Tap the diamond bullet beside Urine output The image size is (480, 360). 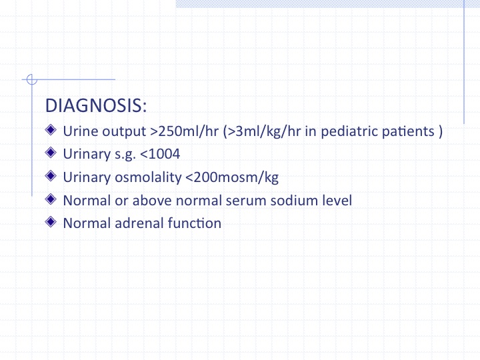pyautogui.click(x=51, y=129)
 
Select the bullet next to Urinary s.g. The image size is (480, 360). pyautogui.click(x=51, y=153)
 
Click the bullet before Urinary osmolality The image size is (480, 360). pyautogui.click(x=51, y=176)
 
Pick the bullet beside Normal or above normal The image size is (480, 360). pyautogui.click(x=51, y=199)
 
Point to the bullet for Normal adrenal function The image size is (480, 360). pyautogui.click(x=51, y=221)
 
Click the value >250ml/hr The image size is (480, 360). pyautogui.click(x=184, y=131)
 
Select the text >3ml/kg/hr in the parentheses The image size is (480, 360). pyautogui.click(x=264, y=131)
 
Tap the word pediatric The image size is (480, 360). pyautogui.click(x=348, y=131)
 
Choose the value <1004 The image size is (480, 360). pyautogui.click(x=160, y=154)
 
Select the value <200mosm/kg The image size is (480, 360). pyautogui.click(x=232, y=177)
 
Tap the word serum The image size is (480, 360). pyautogui.click(x=246, y=201)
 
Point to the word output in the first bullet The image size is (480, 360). pyautogui.click(x=124, y=132)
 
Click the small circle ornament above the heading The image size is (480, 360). pyautogui.click(x=31, y=79)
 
